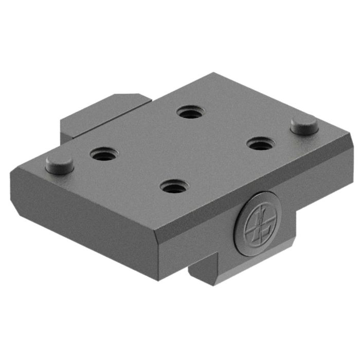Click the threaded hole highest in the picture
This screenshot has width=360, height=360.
pyautogui.click(x=190, y=112)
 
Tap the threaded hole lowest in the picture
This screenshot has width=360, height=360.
pyautogui.click(x=174, y=186)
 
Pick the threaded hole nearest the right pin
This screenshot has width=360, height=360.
pyautogui.click(x=262, y=143)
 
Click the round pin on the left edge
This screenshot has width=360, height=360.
pyautogui.click(x=59, y=164)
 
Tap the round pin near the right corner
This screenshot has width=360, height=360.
pyautogui.click(x=304, y=125)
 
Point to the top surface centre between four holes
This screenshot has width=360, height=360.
pyautogui.click(x=183, y=149)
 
